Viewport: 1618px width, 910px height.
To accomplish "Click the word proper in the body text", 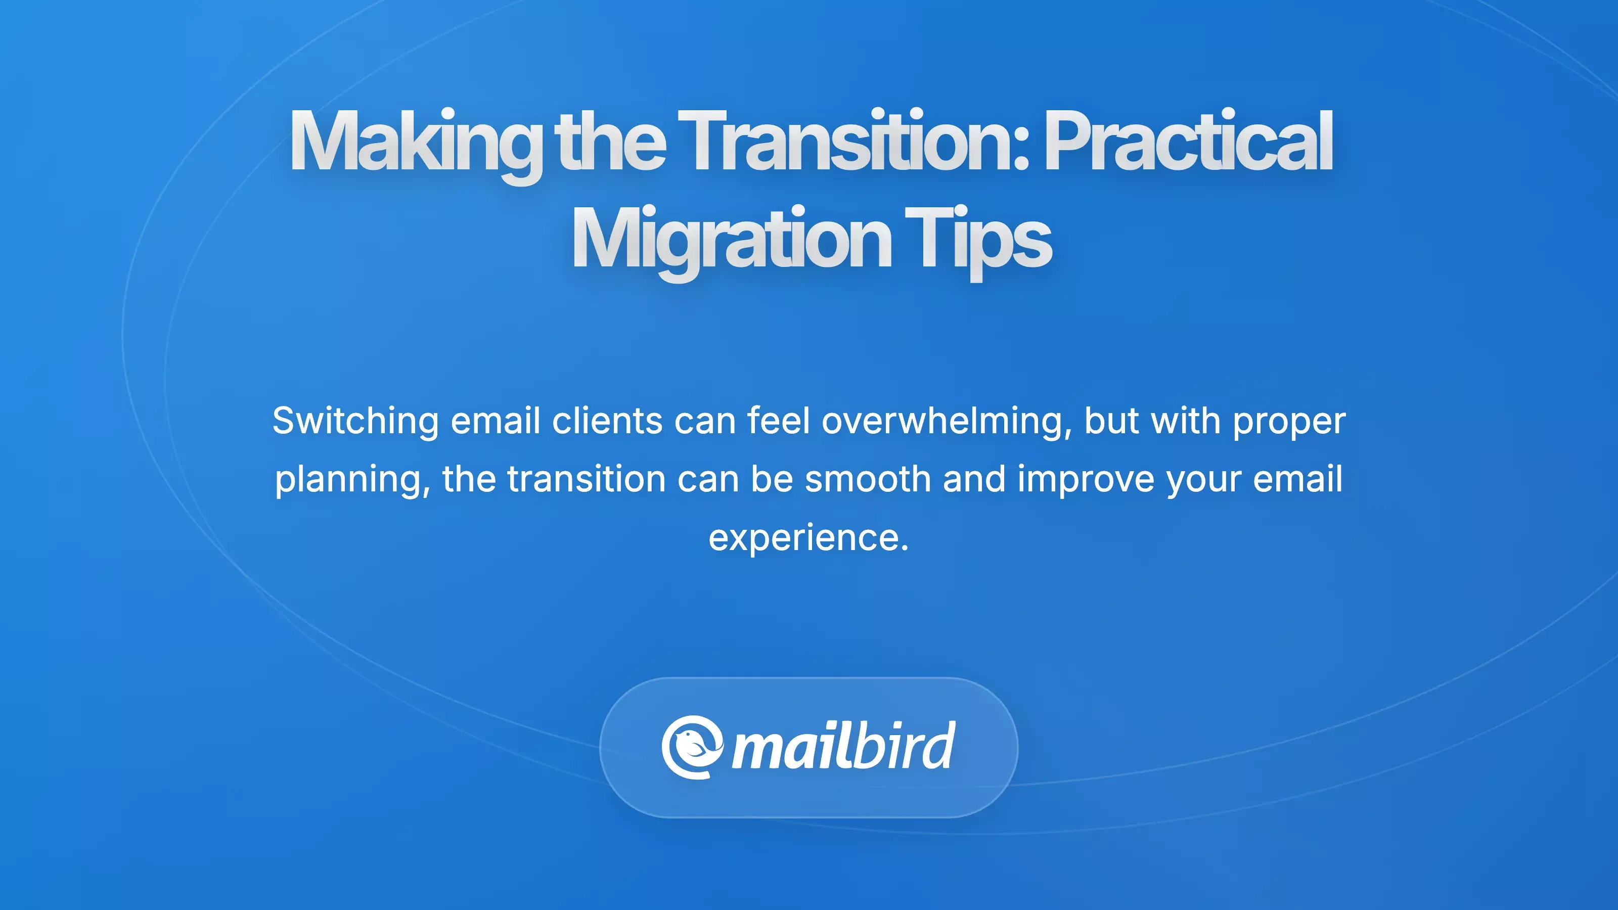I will pyautogui.click(x=1289, y=422).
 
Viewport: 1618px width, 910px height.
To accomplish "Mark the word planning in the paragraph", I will pyautogui.click(x=352, y=480).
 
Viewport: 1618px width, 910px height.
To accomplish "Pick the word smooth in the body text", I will pyautogui.click(x=868, y=479).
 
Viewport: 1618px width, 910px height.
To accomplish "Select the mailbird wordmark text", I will pyautogui.click(x=843, y=746).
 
